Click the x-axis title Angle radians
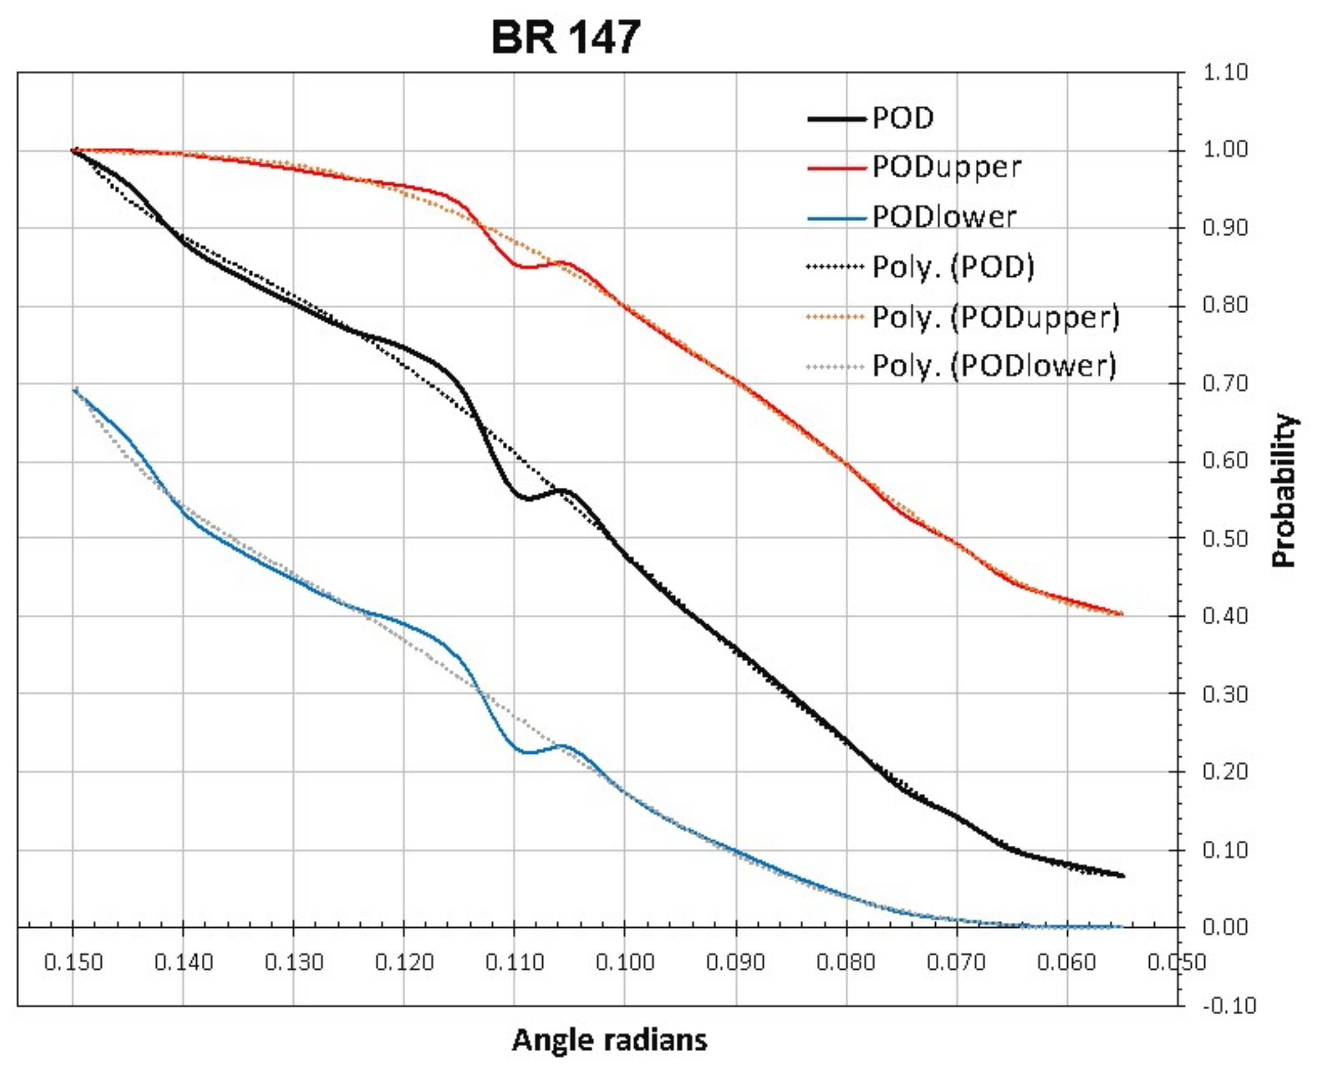609,1040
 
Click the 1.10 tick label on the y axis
1225,72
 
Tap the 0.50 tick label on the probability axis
1225,539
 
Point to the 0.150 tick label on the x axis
73,961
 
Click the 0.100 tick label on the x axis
625,961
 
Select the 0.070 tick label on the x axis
956,961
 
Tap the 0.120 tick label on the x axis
404,961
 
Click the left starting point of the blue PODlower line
74,390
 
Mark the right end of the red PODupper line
1122,614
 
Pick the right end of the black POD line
1122,876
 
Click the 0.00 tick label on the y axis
1225,927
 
